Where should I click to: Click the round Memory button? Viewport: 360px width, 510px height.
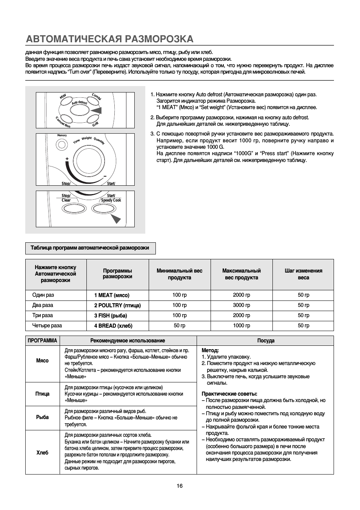[x=62, y=144]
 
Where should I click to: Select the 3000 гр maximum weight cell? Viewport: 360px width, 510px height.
[x=242, y=305]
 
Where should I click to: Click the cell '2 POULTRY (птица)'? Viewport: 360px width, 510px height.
[x=117, y=305]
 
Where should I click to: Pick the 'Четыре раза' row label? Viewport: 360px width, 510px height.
[x=47, y=325]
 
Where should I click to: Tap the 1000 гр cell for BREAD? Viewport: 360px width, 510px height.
[x=242, y=325]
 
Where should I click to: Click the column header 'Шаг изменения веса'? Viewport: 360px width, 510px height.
[x=303, y=274]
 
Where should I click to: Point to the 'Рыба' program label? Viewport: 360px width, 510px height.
[x=43, y=418]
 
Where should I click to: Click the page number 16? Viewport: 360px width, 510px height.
[x=180, y=486]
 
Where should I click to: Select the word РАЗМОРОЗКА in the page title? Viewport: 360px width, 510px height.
[x=159, y=39]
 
